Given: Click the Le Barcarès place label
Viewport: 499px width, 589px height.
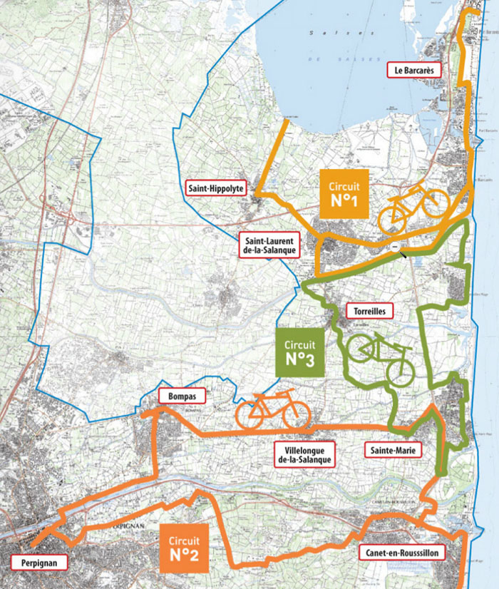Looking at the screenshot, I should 414,70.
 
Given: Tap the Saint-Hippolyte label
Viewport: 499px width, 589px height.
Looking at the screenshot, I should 216,189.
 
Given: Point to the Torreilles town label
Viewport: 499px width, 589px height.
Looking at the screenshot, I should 369,312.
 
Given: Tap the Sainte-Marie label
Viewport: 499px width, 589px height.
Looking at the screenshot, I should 392,450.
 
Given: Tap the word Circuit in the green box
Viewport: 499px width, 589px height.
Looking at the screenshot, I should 300,343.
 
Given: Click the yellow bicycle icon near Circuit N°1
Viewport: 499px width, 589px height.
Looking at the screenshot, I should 412,207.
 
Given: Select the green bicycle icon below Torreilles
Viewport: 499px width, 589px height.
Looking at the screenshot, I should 380,357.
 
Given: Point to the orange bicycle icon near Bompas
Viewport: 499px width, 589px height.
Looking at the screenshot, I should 273,410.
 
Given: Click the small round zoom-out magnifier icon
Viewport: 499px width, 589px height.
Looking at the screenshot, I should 395,246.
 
